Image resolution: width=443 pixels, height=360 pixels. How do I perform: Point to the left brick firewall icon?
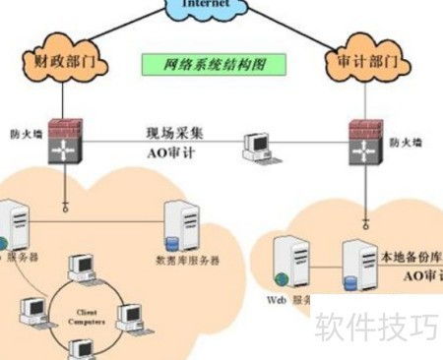(66, 139)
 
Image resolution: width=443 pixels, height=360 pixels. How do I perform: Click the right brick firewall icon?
(367, 139)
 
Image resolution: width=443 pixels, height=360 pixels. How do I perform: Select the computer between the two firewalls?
(258, 147)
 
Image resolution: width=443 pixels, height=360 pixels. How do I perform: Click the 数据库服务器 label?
(188, 261)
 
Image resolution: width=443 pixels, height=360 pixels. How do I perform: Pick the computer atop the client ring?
(81, 268)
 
